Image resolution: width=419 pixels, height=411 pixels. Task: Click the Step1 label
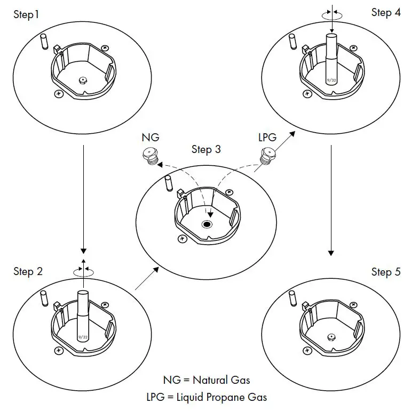point(26,14)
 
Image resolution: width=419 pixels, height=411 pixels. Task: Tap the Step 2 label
point(28,271)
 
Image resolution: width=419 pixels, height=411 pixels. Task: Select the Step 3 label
point(206,149)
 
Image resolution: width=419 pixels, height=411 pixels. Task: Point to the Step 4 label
point(386,12)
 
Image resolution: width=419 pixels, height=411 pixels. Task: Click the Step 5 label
point(386,272)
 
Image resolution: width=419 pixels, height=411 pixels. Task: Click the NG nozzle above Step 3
point(150,155)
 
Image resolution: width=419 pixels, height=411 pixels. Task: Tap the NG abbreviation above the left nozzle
point(150,137)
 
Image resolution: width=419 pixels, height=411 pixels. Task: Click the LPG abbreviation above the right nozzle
point(267,137)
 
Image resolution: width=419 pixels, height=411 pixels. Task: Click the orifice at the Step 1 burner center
point(83,80)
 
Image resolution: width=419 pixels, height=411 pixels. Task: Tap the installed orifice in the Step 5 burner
point(331,337)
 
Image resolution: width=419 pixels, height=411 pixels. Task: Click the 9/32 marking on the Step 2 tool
point(82,337)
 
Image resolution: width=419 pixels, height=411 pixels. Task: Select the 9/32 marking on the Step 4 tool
point(331,80)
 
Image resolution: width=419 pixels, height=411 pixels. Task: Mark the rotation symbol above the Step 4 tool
point(332,14)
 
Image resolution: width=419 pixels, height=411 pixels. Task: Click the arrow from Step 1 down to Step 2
point(83,197)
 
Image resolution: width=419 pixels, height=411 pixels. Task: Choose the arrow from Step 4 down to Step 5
point(331,197)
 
